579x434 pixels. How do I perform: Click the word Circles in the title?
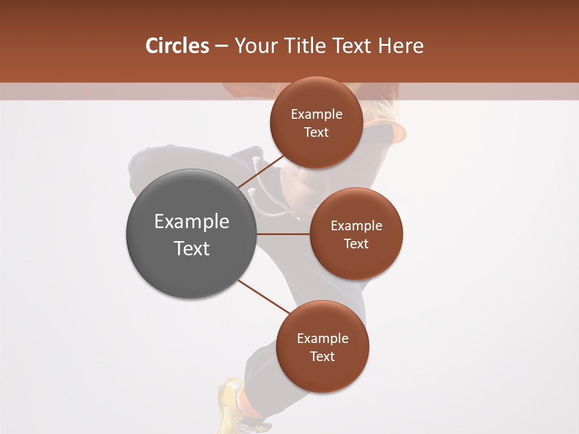click(x=177, y=46)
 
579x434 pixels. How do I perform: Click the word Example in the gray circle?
click(x=192, y=222)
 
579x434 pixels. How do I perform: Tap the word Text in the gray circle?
click(x=192, y=248)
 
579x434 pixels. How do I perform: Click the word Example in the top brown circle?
click(x=317, y=115)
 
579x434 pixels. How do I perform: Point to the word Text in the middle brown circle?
click(x=356, y=244)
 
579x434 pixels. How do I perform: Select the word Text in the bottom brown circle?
click(x=322, y=356)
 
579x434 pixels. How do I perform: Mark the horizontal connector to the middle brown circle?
click(x=283, y=234)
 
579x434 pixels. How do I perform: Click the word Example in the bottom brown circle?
click(x=323, y=338)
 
